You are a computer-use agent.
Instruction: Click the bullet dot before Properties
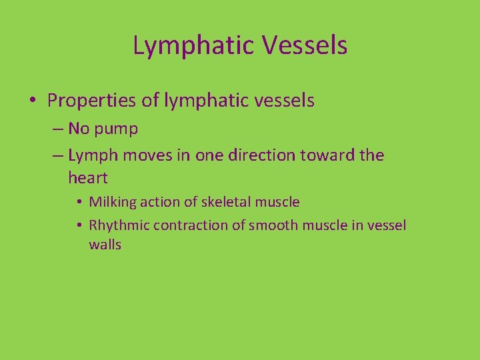tap(33, 101)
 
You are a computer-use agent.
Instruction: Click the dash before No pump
tap(57, 129)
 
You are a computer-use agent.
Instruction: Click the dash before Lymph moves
tap(57, 155)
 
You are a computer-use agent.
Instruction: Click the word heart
tap(87, 178)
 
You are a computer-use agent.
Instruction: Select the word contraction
tap(190, 225)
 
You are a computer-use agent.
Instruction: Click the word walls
tap(105, 245)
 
